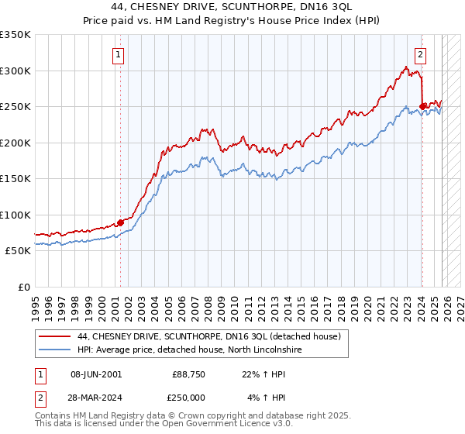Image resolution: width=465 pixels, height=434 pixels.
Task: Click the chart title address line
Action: click(232, 7)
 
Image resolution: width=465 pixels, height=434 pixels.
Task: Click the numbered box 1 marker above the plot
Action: click(119, 54)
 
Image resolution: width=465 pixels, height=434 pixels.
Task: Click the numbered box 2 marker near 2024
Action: click(420, 54)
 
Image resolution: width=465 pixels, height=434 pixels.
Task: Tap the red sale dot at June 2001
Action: click(120, 222)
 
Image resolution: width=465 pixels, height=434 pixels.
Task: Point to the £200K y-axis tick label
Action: click(15, 143)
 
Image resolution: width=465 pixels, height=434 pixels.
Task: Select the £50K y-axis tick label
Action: click(19, 251)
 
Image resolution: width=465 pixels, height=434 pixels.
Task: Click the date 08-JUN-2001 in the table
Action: click(95, 374)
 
